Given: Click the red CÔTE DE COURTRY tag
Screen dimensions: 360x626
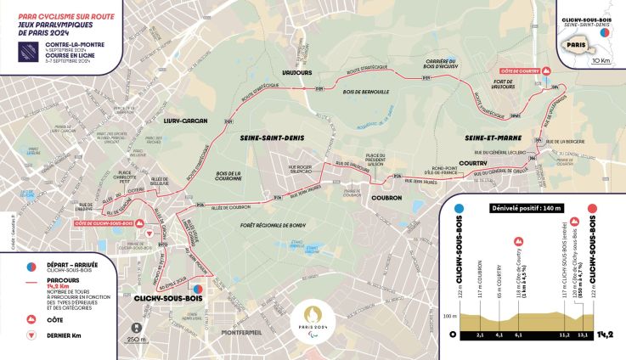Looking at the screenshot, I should tap(521, 71).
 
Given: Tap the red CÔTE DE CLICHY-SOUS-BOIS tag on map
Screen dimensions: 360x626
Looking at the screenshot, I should tap(104, 222).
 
